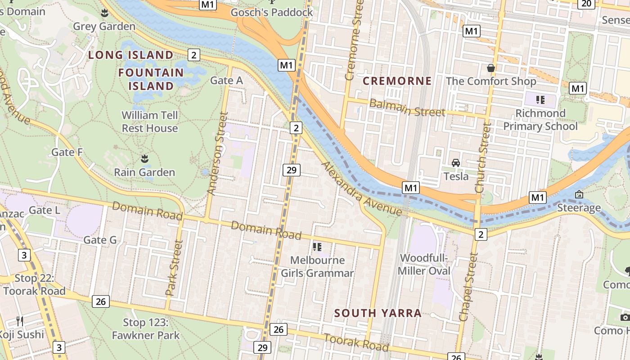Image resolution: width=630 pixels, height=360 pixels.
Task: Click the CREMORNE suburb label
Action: [x=397, y=81]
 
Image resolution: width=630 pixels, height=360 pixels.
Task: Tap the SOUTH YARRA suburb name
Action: [x=378, y=313]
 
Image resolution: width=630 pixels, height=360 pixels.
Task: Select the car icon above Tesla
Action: [x=456, y=162]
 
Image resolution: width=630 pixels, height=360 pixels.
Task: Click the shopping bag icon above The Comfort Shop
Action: [x=491, y=68]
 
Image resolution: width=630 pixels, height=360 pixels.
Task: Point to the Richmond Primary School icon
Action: [x=540, y=99]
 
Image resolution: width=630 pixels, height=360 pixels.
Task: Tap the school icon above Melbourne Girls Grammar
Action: [x=317, y=247]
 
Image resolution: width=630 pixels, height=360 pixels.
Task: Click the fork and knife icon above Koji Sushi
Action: [x=20, y=321]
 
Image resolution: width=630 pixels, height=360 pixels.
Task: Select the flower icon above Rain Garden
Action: [x=144, y=158]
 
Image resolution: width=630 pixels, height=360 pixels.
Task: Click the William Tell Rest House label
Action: [x=150, y=121]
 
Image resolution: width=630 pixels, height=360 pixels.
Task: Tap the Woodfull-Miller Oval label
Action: [x=424, y=265]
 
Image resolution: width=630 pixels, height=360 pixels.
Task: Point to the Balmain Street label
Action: [x=407, y=108]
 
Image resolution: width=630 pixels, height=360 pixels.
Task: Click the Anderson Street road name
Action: [x=216, y=153]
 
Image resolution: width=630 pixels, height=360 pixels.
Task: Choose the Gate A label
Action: [x=226, y=81]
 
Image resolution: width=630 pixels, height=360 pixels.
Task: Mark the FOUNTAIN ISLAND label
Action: [x=151, y=79]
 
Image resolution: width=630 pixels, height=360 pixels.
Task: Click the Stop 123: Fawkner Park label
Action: [x=146, y=329]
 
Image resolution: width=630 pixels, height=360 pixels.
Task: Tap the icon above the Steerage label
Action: [x=579, y=194]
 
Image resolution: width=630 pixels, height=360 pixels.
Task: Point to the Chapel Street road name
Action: [x=468, y=287]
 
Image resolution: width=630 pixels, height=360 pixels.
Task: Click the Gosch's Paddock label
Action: [x=272, y=12]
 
